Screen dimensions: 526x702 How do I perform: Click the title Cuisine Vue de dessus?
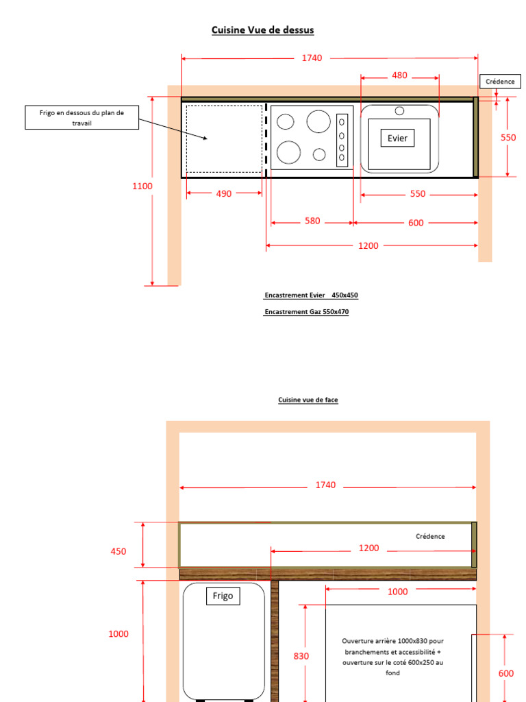point(262,30)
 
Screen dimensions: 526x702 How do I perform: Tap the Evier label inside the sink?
point(398,138)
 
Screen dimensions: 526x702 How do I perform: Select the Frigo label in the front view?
point(223,596)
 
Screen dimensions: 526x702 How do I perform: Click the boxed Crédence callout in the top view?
point(500,82)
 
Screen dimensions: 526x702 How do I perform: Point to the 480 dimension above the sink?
point(399,75)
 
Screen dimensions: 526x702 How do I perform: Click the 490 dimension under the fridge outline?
point(224,194)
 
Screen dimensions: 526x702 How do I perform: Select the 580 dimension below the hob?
point(312,221)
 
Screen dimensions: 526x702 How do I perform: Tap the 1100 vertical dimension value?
point(142,186)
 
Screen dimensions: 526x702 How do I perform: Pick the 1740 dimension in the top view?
point(312,58)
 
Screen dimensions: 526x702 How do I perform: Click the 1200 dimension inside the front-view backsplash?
point(368,548)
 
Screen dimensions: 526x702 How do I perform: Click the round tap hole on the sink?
point(399,110)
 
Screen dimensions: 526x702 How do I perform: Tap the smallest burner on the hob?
point(319,154)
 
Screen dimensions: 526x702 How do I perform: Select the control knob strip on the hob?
point(342,140)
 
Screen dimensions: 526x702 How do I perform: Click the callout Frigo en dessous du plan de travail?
point(82,118)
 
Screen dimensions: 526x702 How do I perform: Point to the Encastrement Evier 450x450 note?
point(311,295)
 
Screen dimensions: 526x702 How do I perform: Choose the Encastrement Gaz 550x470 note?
point(306,312)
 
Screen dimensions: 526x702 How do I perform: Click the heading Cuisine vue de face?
point(308,400)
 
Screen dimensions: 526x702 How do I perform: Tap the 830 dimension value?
point(301,656)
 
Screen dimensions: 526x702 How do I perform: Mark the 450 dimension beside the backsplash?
point(118,552)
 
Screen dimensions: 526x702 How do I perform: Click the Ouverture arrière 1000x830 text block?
point(392,657)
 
